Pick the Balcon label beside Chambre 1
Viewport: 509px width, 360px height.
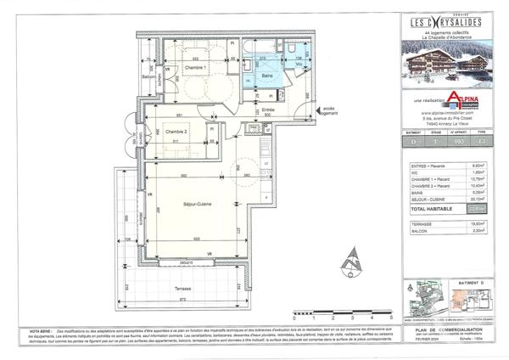[148, 76]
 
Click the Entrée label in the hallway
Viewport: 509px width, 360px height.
[267, 110]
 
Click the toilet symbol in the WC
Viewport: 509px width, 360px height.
[301, 70]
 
